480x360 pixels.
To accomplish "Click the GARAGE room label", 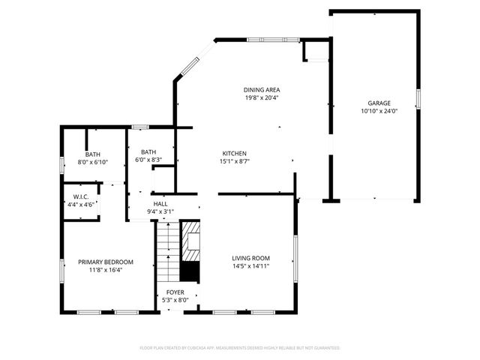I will pos(379,103).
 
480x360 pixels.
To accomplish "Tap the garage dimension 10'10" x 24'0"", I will pos(379,111).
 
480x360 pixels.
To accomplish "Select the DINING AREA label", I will pos(262,90).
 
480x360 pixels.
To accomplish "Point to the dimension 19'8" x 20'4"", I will pos(262,98).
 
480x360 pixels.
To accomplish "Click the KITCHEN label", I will pos(234,152).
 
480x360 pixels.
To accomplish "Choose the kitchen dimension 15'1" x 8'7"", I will pos(234,160).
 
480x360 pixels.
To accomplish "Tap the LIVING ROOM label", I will pos(250,257).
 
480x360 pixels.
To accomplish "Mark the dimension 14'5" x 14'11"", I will pos(250,265).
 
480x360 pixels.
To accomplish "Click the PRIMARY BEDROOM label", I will pos(106,262).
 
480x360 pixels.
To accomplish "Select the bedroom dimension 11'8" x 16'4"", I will pos(106,270).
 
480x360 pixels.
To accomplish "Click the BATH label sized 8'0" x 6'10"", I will pos(92,154).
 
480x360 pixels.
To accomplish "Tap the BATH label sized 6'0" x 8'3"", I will pos(148,151).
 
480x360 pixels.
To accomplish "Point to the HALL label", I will pos(160,203).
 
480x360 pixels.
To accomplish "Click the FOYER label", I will pos(175,292).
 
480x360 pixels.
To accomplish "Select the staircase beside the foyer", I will pos(168,251).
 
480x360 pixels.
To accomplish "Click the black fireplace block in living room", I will pos(193,271).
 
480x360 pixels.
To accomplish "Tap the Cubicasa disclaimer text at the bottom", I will pos(240,348).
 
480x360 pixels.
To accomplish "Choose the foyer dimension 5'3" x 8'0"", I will pos(175,300).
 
